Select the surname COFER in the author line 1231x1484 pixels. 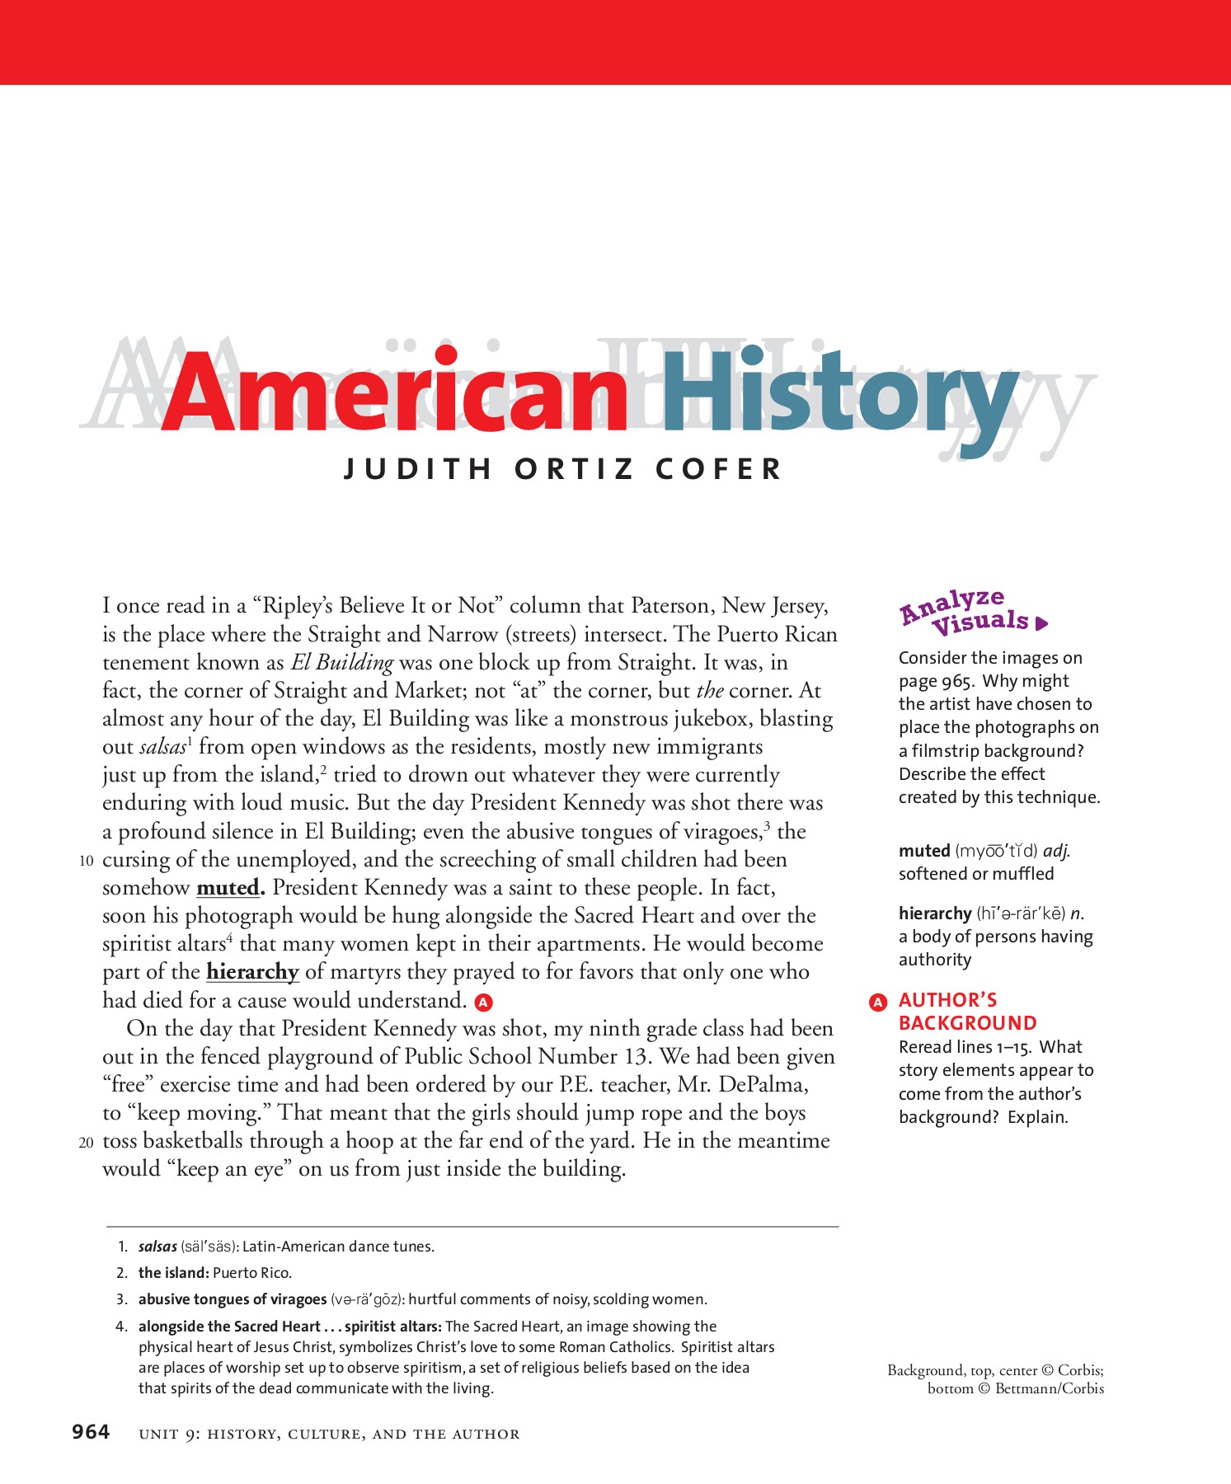(718, 469)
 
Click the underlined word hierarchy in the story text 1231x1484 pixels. (252, 972)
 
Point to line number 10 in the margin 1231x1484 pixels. (87, 861)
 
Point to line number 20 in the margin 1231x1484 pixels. (87, 1143)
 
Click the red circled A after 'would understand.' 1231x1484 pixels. (484, 1002)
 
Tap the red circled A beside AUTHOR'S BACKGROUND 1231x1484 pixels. (878, 1002)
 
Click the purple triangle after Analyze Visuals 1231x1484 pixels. (1041, 623)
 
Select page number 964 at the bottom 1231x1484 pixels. (91, 1432)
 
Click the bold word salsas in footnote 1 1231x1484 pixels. (157, 1247)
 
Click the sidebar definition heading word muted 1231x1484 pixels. (924, 851)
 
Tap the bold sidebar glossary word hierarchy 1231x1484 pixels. (935, 913)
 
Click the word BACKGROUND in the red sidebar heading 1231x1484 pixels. (967, 1023)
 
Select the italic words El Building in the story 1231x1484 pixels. (341, 663)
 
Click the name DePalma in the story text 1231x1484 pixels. (762, 1085)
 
